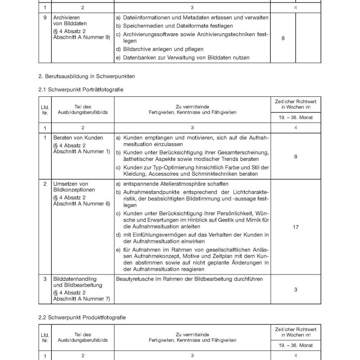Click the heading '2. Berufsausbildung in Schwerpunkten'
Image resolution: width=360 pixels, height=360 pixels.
[x=87, y=76]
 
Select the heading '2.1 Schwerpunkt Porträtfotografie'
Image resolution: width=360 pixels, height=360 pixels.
[x=81, y=90]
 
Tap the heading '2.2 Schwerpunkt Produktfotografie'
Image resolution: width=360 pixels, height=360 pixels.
[x=82, y=317]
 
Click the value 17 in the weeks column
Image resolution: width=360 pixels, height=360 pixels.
[x=296, y=227]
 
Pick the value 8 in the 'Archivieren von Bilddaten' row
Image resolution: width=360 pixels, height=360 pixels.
[x=283, y=38]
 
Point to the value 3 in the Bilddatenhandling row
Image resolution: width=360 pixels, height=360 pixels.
[x=296, y=289]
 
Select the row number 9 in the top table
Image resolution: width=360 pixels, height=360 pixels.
[x=45, y=17]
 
